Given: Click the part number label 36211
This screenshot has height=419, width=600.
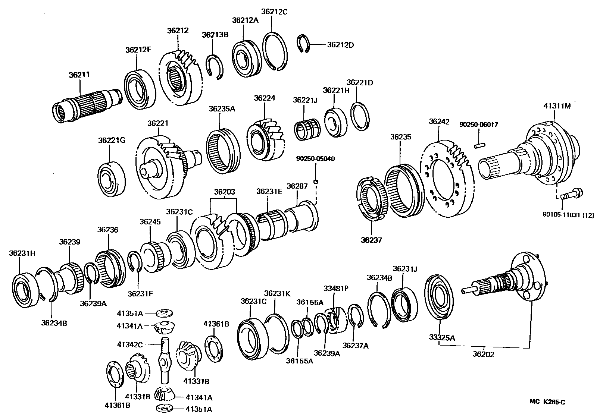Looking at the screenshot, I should [79, 75].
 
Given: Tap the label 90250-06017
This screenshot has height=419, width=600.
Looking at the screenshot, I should [478, 125].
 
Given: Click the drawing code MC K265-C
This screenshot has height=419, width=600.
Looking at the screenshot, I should [547, 401].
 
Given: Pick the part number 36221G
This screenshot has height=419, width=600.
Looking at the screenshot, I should [112, 140].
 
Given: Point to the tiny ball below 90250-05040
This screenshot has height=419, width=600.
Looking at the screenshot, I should [316, 182].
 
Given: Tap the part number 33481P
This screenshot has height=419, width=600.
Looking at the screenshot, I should [336, 288].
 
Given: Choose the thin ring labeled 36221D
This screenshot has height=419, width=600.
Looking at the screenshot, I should [360, 116].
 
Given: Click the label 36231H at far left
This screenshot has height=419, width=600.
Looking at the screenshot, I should [22, 253].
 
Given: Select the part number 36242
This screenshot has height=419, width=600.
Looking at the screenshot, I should [439, 122].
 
